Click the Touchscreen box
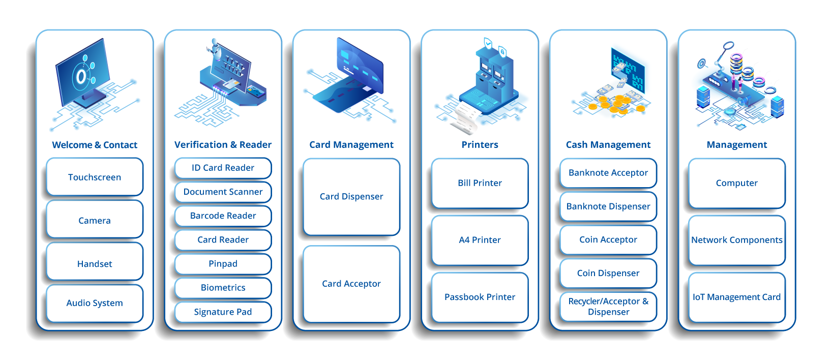point(95,177)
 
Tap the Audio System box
point(95,303)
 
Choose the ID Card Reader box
point(223,168)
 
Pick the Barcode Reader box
point(223,216)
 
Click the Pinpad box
point(223,264)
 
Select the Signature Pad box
point(223,312)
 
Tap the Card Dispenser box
point(351,197)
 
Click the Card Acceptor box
point(351,284)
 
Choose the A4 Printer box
point(480,240)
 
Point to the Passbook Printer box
point(480,297)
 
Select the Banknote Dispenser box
point(608,206)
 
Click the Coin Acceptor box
point(608,240)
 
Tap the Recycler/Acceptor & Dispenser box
point(608,307)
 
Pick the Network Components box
point(737,240)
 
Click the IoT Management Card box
point(737,297)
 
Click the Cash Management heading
point(608,144)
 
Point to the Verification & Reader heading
point(223,144)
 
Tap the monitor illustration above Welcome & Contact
point(83,73)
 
